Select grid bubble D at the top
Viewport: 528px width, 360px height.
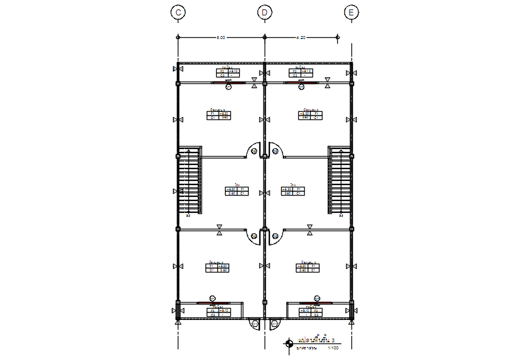[x=265, y=12]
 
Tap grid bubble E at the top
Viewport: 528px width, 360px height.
[x=352, y=12]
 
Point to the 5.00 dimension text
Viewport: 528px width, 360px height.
[x=221, y=37]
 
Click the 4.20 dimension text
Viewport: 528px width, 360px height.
[x=301, y=37]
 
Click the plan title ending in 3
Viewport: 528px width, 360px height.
[x=316, y=341]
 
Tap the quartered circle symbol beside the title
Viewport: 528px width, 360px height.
[x=289, y=342]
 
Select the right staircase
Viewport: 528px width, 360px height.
[x=340, y=181]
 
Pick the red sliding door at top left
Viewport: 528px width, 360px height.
[x=235, y=83]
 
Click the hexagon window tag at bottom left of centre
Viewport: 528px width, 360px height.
[x=255, y=324]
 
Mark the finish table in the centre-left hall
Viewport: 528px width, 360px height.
[x=237, y=191]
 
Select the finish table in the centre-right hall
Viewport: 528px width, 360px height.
[x=293, y=191]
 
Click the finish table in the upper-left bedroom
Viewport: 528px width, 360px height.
[x=219, y=115]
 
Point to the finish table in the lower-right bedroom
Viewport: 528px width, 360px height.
[x=309, y=267]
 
